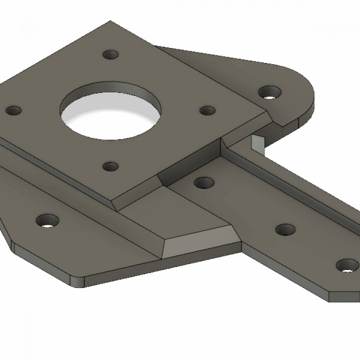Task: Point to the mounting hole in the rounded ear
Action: [x=270, y=92]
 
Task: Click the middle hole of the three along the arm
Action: [x=285, y=230]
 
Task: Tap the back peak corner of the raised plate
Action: [x=111, y=22]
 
